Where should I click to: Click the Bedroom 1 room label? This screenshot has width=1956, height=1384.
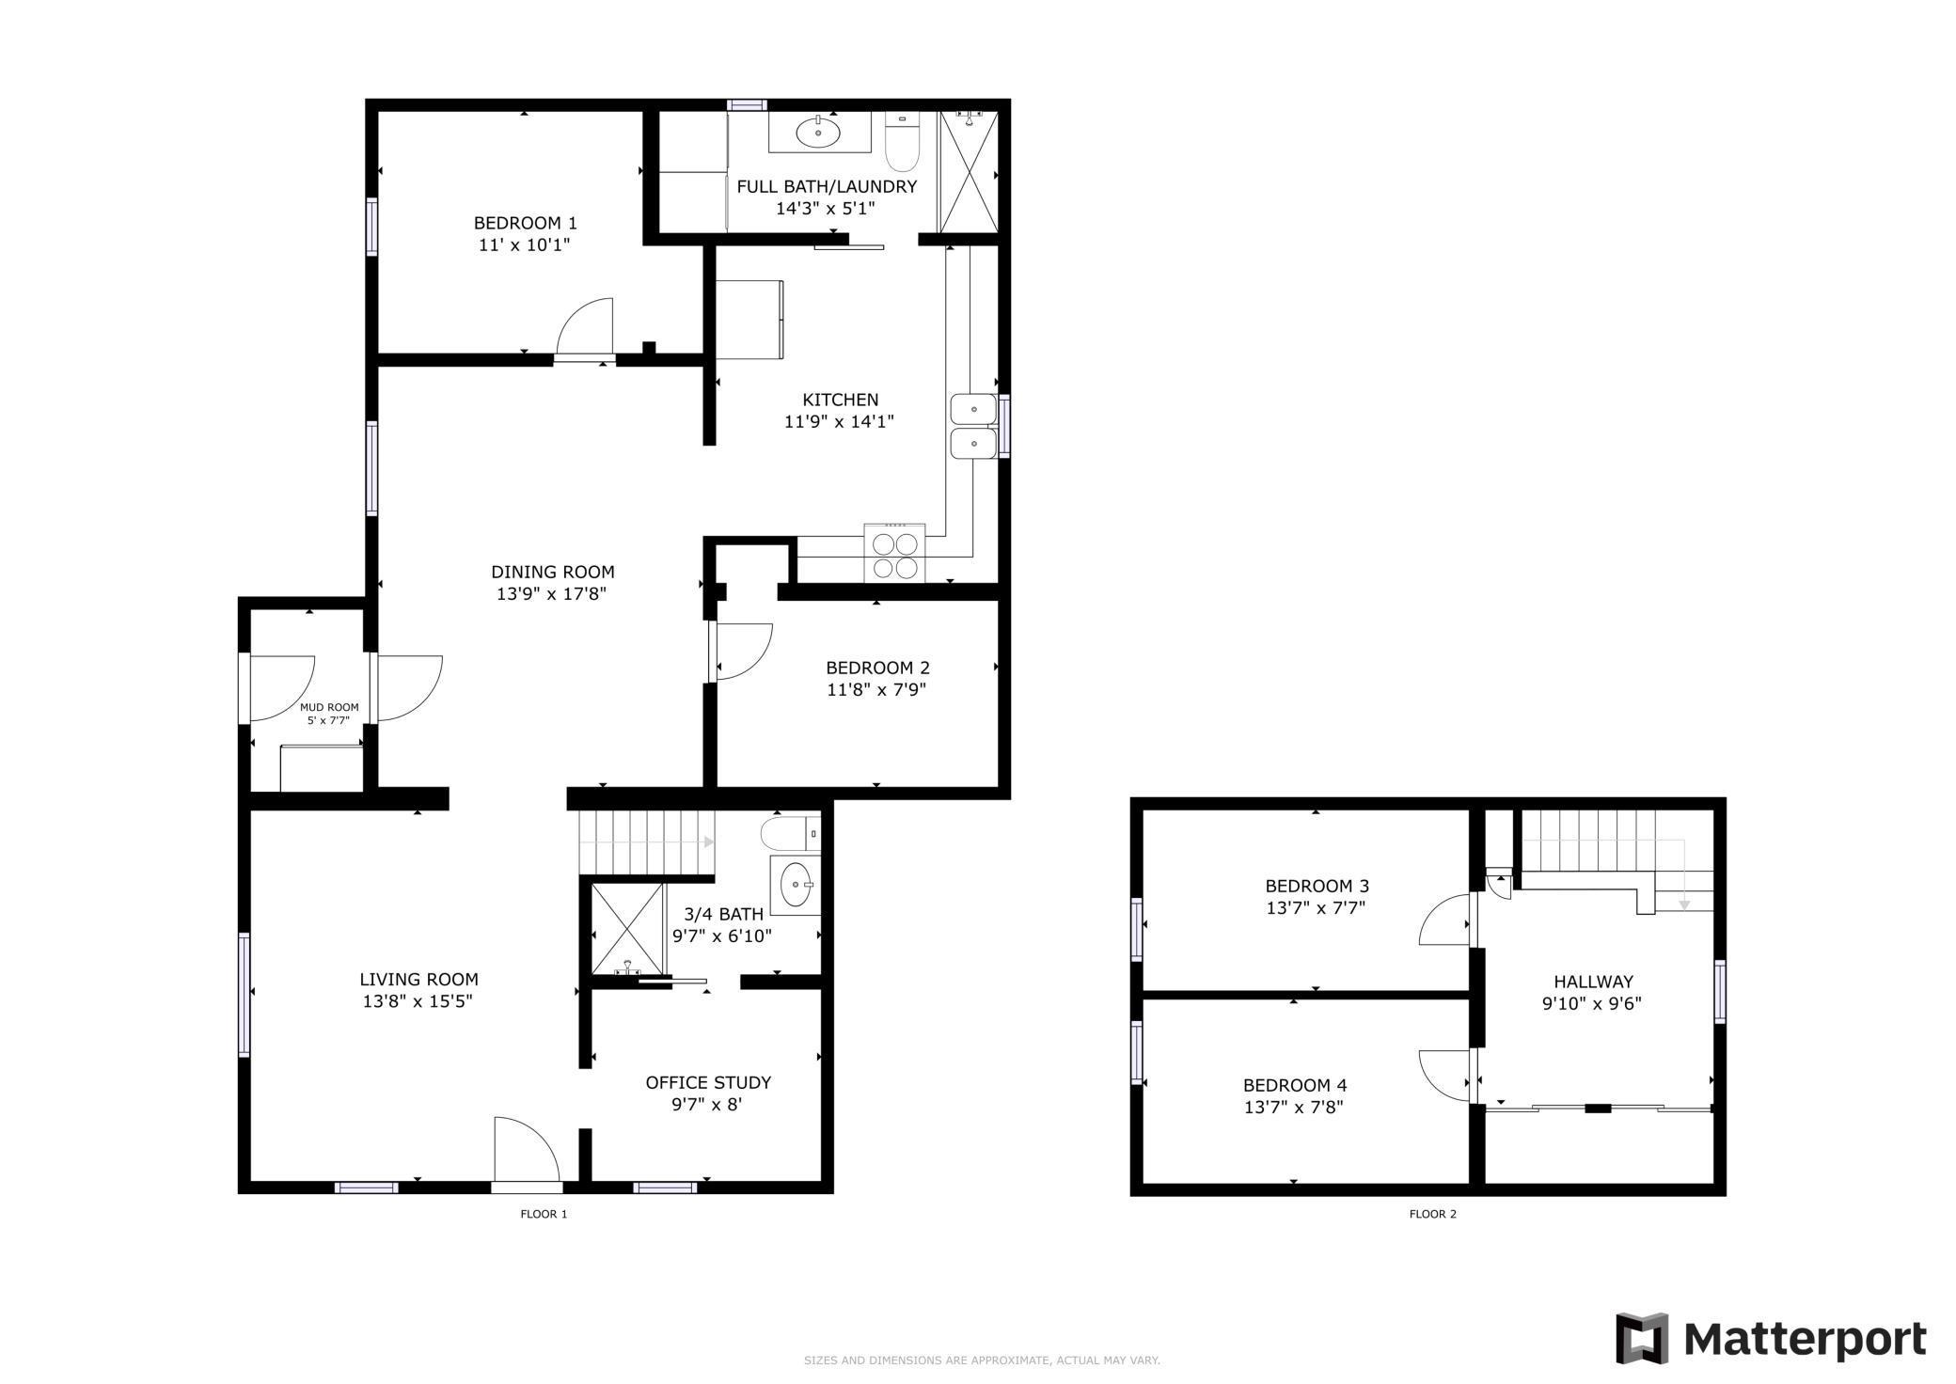tap(525, 223)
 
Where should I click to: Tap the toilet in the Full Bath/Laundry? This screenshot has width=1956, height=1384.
tap(901, 145)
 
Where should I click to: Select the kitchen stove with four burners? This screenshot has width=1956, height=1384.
tap(894, 555)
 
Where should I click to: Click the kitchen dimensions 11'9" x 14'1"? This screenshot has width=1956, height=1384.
tap(839, 421)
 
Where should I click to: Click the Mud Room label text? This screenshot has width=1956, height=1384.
tap(329, 707)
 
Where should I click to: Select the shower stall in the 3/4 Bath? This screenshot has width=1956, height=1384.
tap(626, 929)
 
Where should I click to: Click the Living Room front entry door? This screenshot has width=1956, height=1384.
tap(525, 1149)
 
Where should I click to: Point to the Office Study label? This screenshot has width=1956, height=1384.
tap(708, 1082)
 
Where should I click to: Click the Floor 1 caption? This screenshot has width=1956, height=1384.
tap(544, 1214)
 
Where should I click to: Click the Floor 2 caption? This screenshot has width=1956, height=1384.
tap(1432, 1214)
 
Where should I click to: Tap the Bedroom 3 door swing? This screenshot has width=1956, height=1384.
tap(1444, 920)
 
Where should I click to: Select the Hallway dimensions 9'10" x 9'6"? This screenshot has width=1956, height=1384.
tap(1591, 1003)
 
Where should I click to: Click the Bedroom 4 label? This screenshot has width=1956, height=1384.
tap(1294, 1084)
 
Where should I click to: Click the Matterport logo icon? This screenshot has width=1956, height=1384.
tap(1642, 1337)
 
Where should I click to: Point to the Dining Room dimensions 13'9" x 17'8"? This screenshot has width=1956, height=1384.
tap(552, 593)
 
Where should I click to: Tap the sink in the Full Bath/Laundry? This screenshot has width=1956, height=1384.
tap(819, 133)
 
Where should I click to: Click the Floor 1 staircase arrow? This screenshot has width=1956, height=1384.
tap(707, 842)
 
